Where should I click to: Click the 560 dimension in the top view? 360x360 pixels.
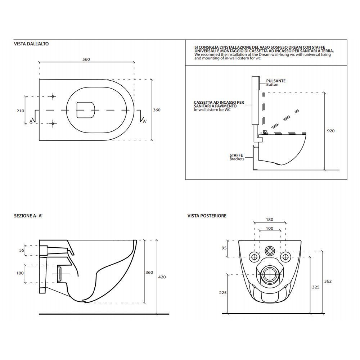click(x=86, y=59)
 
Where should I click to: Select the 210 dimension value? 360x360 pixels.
click(x=21, y=111)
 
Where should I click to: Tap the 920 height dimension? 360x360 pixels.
click(x=331, y=131)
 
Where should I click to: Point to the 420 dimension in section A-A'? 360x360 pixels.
click(x=162, y=277)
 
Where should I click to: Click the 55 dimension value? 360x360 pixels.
click(x=22, y=250)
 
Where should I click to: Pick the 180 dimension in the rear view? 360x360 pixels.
click(x=270, y=220)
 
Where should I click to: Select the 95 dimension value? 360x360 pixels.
click(x=224, y=248)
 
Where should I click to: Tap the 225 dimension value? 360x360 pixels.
click(x=223, y=293)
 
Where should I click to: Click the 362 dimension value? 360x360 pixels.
click(x=328, y=281)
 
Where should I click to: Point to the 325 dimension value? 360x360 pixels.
click(x=316, y=287)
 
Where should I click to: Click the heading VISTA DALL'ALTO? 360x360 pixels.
click(x=31, y=44)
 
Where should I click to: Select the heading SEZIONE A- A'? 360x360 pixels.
click(x=28, y=216)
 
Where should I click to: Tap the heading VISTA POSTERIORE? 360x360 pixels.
click(x=207, y=216)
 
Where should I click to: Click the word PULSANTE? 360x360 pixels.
click(x=276, y=81)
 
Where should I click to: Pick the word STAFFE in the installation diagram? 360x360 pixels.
click(x=236, y=155)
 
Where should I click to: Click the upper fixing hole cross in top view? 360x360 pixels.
click(x=53, y=96)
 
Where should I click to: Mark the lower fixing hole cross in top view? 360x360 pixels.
click(x=53, y=124)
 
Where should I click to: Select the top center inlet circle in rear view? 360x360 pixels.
click(x=269, y=251)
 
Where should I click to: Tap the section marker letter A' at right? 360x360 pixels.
click(x=145, y=121)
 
